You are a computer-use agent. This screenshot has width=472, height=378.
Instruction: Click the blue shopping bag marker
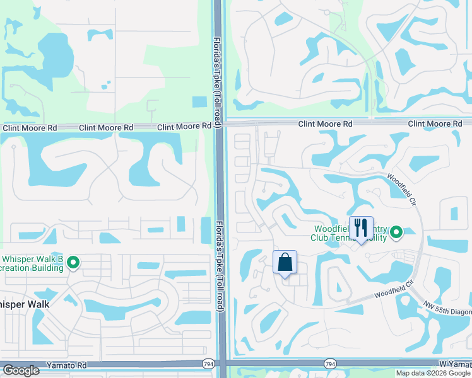coord(285,262)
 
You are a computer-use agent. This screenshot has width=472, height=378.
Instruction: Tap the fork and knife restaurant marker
coord(361,228)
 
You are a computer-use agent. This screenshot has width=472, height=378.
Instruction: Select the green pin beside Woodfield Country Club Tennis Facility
coord(396,233)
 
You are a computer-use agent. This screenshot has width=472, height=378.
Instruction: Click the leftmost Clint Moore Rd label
coord(30,128)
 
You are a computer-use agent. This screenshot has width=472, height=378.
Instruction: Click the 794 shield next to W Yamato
coord(329,364)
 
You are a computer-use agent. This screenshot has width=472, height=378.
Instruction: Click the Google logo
coord(21,371)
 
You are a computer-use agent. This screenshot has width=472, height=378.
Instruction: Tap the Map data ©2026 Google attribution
coord(432,373)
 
